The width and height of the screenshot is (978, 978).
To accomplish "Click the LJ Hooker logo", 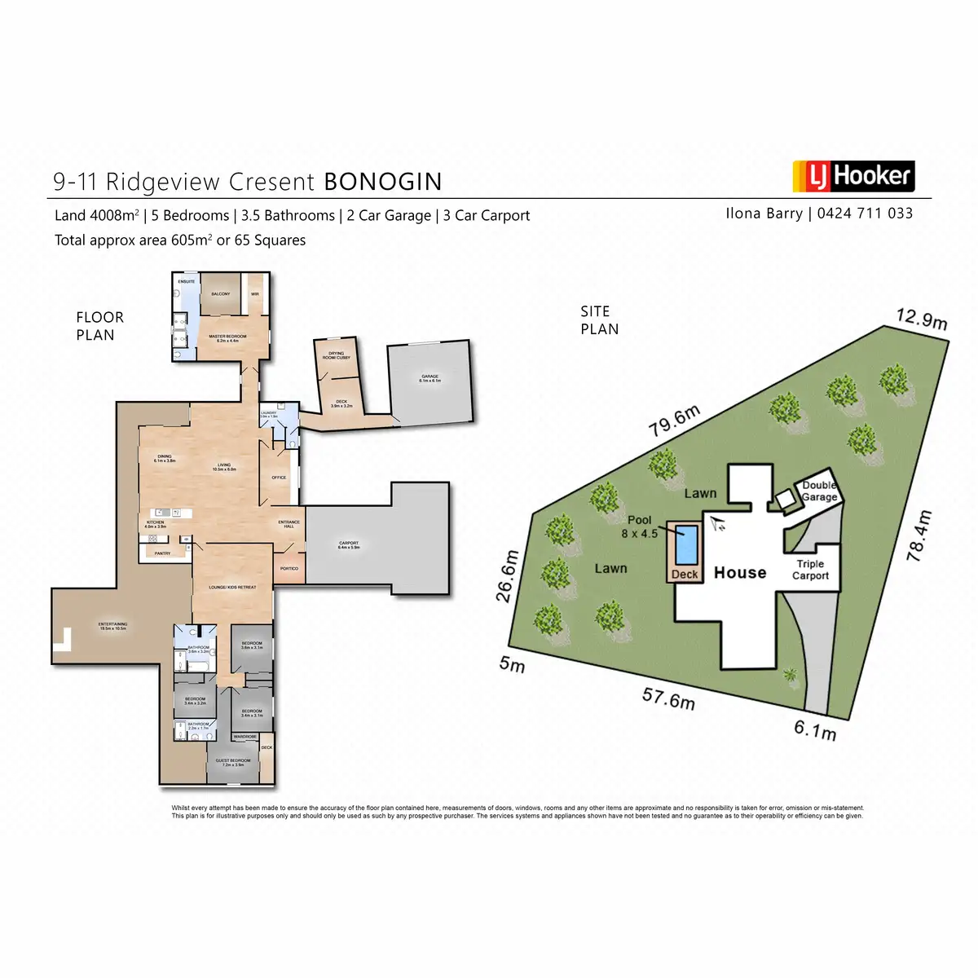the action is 852,176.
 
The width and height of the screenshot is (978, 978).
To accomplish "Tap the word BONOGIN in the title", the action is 383,182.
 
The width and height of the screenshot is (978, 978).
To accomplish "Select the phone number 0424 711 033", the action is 865,214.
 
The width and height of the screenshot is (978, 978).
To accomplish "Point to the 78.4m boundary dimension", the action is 919,535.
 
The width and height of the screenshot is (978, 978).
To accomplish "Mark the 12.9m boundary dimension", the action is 922,319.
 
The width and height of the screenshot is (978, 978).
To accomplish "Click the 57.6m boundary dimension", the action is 668,698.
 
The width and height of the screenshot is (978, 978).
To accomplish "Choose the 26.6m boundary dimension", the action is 508,575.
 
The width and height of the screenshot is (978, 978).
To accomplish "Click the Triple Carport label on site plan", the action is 810,570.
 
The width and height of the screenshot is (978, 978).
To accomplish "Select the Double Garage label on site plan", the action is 819,491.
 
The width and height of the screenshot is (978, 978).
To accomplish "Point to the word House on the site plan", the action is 740,573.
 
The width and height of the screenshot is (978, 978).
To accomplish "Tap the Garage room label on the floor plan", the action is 430,378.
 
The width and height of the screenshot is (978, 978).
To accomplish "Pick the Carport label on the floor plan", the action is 349,544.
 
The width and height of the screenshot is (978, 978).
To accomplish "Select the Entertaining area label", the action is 113,626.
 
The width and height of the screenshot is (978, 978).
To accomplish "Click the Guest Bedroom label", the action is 233,762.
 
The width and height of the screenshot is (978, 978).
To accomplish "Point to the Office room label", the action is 279,478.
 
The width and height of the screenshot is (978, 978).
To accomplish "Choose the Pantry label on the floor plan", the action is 162,553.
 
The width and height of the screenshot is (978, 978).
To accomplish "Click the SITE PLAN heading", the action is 599,320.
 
